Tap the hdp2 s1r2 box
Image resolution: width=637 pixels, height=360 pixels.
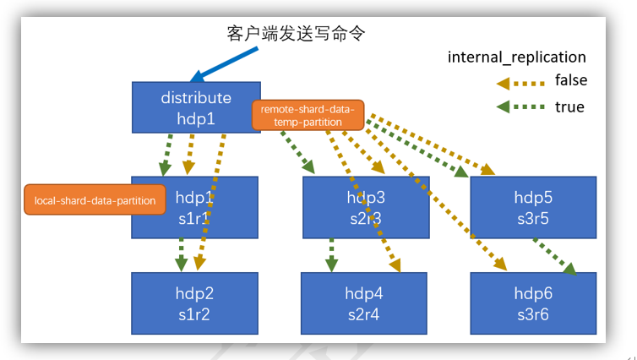click(194, 303)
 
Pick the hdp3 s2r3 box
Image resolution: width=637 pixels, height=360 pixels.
click(365, 206)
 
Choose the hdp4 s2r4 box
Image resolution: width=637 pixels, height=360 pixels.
click(365, 303)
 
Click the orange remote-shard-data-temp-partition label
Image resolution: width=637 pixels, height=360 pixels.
click(308, 116)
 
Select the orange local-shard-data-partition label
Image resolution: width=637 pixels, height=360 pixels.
click(95, 200)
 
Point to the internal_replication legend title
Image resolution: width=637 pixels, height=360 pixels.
click(516, 57)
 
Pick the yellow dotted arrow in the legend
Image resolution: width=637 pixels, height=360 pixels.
click(519, 82)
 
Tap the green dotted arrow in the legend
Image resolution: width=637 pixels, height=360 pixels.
click(519, 107)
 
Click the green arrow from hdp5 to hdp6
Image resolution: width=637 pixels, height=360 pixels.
click(554, 255)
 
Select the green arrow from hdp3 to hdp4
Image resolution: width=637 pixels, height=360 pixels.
click(331, 254)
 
